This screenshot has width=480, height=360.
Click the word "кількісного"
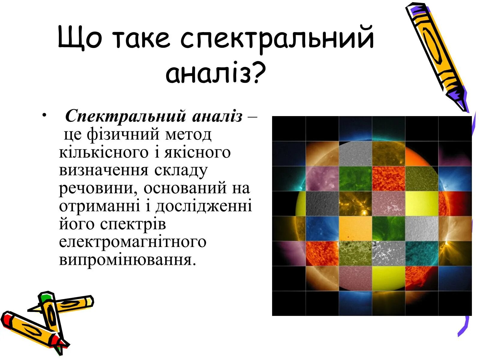(103, 152)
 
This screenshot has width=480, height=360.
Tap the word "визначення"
(103, 170)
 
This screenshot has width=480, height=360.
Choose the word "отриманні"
(99, 206)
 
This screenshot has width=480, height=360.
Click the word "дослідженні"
(204, 206)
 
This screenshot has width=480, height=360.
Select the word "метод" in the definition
(188, 134)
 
